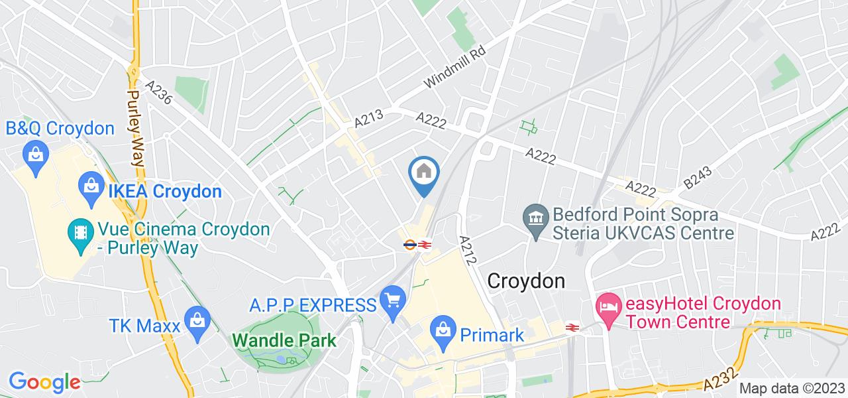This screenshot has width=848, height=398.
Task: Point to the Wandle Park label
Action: pos(284,340)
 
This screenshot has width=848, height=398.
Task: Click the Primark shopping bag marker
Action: pos(441,328)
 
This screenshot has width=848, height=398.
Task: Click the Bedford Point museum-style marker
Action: pos(534,216)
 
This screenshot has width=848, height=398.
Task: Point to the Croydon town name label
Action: pos(526,281)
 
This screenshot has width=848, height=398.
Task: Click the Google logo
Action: pos(44,382)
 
